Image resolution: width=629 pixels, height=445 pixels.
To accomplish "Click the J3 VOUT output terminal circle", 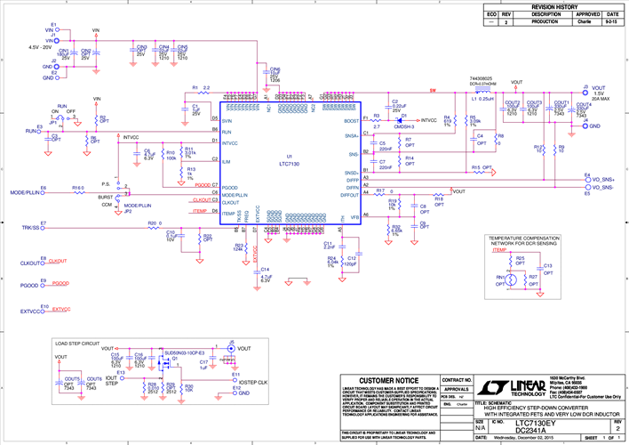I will [x=585, y=91].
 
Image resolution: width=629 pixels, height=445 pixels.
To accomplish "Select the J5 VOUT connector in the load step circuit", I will [x=230, y=349].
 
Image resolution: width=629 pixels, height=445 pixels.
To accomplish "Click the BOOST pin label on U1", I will [x=352, y=119].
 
